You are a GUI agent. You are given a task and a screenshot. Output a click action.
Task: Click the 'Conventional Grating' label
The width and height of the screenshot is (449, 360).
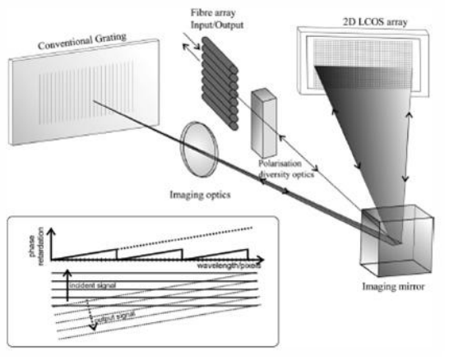pyautogui.click(x=82, y=41)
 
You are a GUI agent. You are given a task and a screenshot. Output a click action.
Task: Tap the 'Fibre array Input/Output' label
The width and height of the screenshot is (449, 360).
pyautogui.click(x=217, y=19)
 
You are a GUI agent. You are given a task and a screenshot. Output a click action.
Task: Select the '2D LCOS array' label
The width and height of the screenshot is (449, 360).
pyautogui.click(x=375, y=21)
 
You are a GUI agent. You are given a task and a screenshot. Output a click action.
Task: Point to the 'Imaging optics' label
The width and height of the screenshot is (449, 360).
pyautogui.click(x=200, y=195)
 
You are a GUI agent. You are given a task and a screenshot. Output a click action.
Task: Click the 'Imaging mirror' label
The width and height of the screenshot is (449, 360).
pyautogui.click(x=393, y=287)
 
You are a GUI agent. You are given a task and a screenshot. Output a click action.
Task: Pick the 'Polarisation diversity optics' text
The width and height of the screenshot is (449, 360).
pyautogui.click(x=286, y=168)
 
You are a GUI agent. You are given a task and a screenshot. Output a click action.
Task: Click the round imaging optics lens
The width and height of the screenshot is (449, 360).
pyautogui.click(x=200, y=149)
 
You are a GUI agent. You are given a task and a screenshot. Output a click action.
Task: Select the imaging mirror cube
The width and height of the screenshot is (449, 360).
pyautogui.click(x=397, y=241)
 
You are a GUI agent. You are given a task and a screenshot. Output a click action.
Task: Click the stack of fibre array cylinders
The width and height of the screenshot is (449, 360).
pyautogui.click(x=220, y=83)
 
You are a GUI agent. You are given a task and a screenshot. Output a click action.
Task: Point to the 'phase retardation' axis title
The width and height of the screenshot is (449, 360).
pyautogui.click(x=37, y=246)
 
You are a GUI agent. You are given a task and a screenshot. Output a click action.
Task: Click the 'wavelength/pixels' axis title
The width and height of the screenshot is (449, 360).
pyautogui.click(x=229, y=265)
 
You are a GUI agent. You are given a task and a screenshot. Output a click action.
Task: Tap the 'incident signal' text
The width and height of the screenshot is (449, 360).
pyautogui.click(x=93, y=285)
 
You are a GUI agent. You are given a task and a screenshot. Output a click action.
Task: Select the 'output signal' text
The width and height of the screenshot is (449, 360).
pyautogui.click(x=115, y=317)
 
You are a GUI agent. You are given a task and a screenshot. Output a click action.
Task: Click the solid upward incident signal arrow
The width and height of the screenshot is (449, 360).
pyautogui.click(x=67, y=285)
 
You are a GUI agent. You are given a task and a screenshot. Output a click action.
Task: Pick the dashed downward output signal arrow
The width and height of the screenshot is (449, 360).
pyautogui.click(x=90, y=315)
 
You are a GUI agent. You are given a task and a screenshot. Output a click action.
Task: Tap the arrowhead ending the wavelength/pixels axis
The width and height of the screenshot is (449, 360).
pyautogui.click(x=260, y=260)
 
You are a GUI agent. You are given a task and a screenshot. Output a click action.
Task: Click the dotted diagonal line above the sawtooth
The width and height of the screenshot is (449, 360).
pyautogui.click(x=185, y=238)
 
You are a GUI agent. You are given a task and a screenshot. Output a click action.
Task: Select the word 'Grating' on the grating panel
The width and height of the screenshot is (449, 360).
pyautogui.click(x=110, y=38)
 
